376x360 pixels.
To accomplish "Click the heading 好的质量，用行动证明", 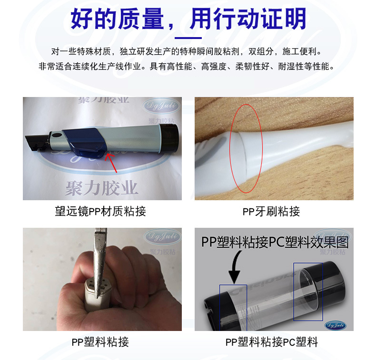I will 188,20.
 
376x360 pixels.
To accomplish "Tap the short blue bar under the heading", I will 188,38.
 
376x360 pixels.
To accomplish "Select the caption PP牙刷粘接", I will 271,212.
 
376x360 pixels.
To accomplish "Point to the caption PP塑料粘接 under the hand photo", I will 100,341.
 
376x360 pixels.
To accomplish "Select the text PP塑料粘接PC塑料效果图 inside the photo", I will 275,242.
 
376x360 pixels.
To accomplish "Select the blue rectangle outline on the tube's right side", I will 308,291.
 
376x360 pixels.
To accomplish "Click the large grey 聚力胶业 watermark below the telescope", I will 102,187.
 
